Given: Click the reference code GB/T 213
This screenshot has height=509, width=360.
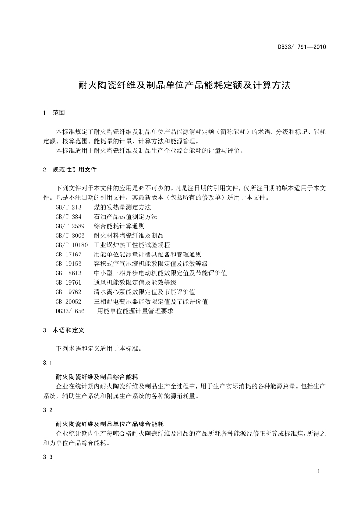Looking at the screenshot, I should (68, 207).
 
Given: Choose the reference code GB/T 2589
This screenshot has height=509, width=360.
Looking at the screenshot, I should (70, 226).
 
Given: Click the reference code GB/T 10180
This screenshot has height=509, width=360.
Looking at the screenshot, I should (72, 245).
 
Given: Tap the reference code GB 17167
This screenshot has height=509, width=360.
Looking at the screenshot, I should (68, 254).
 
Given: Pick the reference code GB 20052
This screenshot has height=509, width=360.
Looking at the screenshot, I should (68, 301).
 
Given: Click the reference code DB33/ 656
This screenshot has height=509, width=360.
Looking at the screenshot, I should (70, 311).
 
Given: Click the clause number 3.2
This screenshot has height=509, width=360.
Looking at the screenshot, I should (48, 410).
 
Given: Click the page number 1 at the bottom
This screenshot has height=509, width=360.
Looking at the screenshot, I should (318, 470).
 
